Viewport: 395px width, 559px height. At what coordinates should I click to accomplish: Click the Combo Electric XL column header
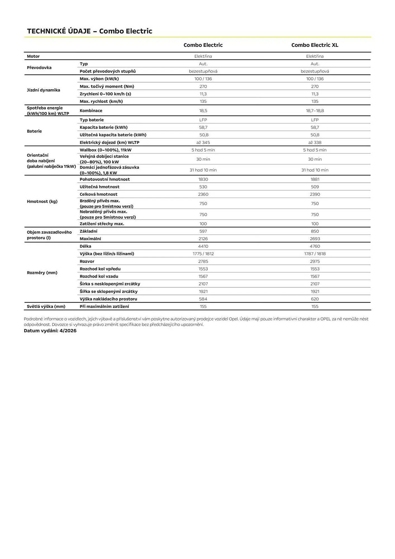[x=315, y=45]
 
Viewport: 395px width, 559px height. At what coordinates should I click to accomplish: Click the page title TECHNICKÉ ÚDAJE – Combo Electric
[x=89, y=31]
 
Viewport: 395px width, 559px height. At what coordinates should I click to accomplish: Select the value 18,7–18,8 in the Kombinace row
[x=315, y=111]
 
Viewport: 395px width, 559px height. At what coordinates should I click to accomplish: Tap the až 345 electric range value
[x=203, y=143]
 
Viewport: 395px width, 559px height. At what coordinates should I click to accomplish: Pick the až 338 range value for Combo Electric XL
[x=315, y=143]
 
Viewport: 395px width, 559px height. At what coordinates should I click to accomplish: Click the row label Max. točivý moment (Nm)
[x=107, y=86]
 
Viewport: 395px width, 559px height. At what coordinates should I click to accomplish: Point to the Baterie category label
[x=34, y=131]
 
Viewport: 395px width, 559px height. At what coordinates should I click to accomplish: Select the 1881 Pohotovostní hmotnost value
[x=315, y=179]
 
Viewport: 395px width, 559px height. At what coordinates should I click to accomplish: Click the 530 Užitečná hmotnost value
[x=203, y=187]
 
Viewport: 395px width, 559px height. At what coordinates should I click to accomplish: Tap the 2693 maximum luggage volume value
[x=315, y=239]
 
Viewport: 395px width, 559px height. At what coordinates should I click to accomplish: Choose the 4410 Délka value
[x=203, y=246]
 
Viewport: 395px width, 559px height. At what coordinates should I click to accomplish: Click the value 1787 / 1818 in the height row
[x=315, y=254]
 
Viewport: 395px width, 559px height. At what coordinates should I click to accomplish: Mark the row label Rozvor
[x=87, y=261]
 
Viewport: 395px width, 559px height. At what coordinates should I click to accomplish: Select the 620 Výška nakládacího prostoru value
[x=315, y=299]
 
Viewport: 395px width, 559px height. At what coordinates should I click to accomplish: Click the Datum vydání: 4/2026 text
[x=50, y=331]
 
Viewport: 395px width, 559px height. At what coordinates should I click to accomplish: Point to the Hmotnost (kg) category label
[x=42, y=202]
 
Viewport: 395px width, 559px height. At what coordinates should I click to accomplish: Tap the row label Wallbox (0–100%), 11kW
[x=105, y=150]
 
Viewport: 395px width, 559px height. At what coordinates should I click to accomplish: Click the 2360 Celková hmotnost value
[x=203, y=194]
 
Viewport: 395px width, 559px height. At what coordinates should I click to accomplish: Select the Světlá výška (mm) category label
[x=46, y=306]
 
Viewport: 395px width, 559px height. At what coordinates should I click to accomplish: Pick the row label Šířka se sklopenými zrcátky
[x=108, y=291]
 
